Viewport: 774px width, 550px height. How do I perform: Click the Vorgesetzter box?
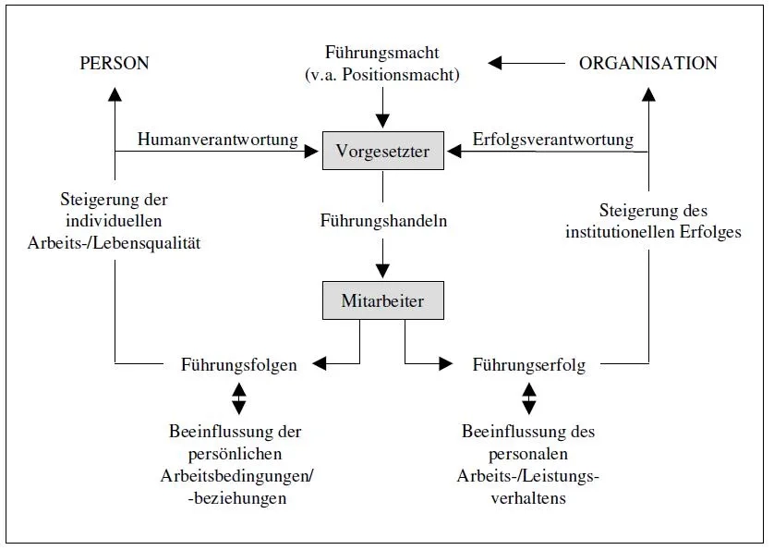click(382, 152)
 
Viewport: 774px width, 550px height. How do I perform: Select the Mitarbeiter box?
click(381, 300)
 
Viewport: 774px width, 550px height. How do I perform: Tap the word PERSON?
click(115, 64)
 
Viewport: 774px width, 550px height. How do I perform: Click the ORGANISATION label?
click(647, 64)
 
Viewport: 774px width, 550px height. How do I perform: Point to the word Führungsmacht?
click(381, 54)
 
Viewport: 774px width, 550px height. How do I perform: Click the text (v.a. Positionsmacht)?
click(381, 75)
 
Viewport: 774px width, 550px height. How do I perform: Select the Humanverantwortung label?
click(217, 140)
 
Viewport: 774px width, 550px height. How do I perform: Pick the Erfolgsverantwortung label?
click(552, 140)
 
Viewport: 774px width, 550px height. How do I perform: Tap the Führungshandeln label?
click(383, 221)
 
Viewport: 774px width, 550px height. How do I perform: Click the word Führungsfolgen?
click(238, 365)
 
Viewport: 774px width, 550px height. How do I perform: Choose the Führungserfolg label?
click(528, 365)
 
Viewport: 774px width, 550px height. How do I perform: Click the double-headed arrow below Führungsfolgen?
click(238, 398)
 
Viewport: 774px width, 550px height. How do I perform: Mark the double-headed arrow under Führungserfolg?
click(528, 398)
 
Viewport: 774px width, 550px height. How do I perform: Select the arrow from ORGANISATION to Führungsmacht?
click(526, 63)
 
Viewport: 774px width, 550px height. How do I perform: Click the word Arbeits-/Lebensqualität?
click(115, 243)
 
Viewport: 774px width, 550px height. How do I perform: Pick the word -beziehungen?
click(236, 498)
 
